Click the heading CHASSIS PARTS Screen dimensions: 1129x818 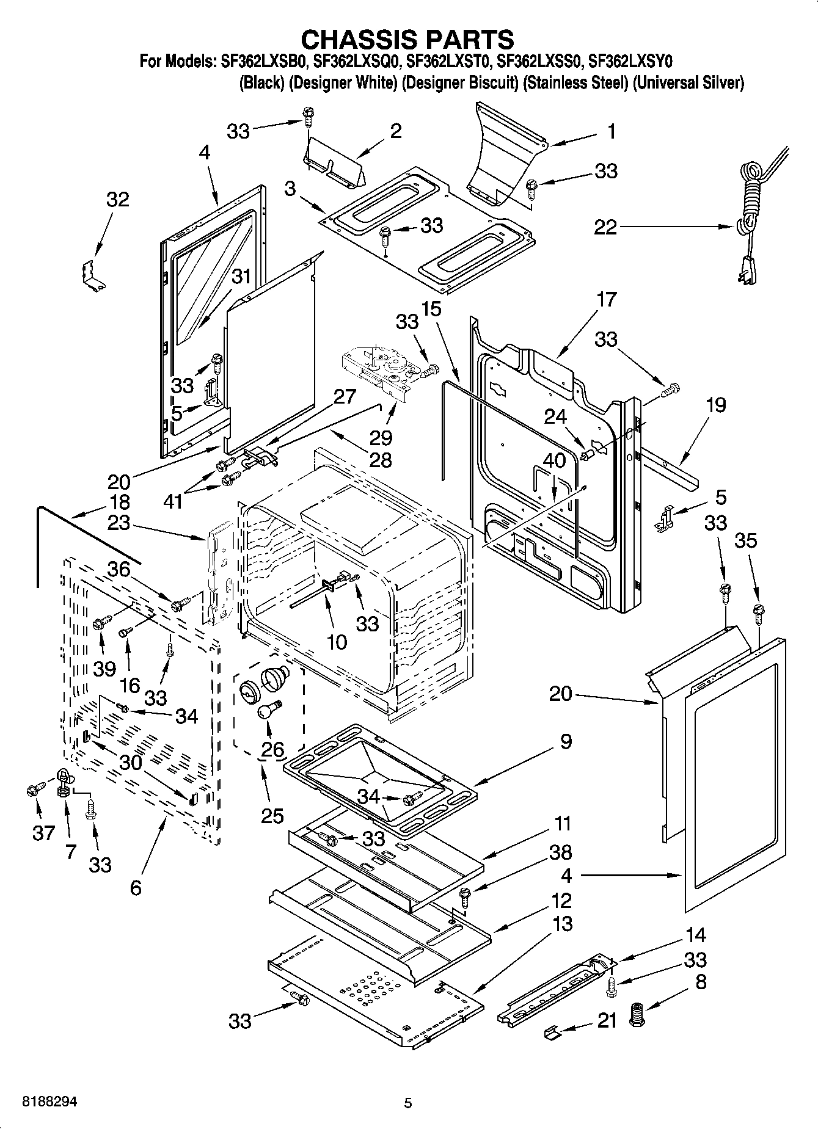pos(407,39)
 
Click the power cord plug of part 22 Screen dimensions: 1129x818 pos(748,270)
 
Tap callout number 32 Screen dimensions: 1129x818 pos(118,200)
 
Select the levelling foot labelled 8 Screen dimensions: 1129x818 pos(638,1015)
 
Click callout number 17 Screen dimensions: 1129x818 pos(607,300)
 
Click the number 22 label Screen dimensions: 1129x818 pos(605,228)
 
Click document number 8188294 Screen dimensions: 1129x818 pos(50,1101)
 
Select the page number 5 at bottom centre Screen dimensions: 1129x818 pos(408,1103)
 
